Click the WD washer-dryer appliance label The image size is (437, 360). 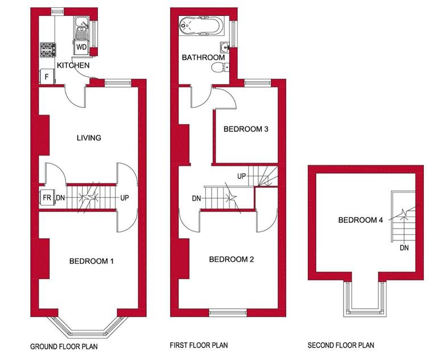tap(81, 47)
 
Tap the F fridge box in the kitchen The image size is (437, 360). tap(46, 76)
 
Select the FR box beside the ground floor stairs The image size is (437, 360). tap(47, 198)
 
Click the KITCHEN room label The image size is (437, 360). tap(72, 66)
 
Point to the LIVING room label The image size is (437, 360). tap(89, 137)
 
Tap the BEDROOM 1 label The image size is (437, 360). tap(92, 261)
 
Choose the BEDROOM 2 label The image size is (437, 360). tap(232, 259)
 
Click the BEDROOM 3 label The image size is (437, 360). tap(246, 129)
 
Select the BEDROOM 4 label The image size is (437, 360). tap(361, 220)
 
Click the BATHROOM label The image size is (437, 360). tap(203, 58)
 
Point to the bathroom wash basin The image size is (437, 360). tap(224, 48)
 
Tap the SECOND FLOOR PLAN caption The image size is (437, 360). tap(341, 345)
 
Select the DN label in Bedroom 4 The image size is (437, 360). tap(404, 248)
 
